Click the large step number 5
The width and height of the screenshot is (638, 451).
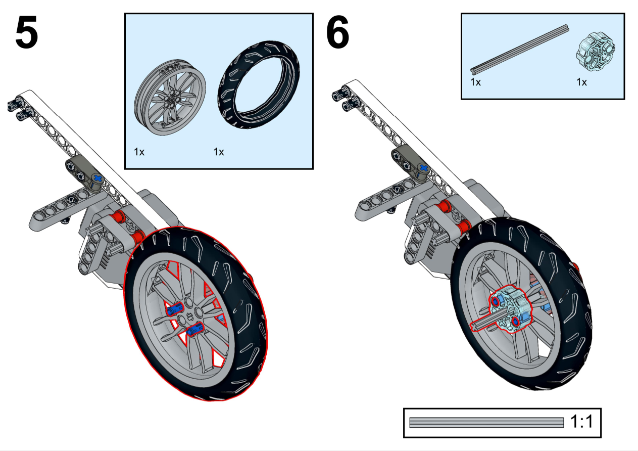[x=27, y=33]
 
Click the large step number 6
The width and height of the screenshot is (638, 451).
[x=337, y=33]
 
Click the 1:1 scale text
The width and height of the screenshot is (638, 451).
[x=581, y=422]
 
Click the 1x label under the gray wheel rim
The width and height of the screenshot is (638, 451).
[x=139, y=152]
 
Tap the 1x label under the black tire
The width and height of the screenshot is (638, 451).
[x=219, y=152]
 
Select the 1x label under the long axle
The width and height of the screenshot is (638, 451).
[x=475, y=82]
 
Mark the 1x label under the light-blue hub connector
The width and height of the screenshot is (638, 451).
[x=581, y=82]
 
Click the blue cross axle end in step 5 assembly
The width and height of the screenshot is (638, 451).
[x=97, y=178]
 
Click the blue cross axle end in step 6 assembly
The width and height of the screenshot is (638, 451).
[x=423, y=168]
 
